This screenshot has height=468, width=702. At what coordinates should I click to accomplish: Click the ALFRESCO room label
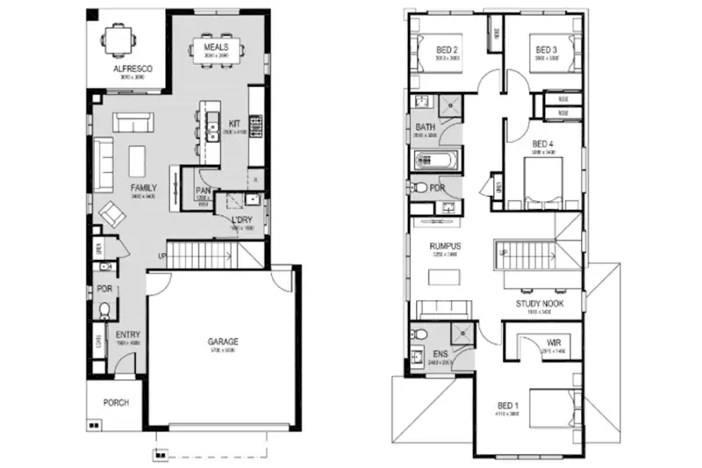(x=127, y=68)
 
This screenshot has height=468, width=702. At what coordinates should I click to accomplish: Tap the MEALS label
(x=216, y=46)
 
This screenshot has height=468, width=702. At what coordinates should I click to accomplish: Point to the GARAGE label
(x=223, y=342)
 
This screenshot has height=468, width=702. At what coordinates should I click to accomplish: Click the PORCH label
(x=115, y=403)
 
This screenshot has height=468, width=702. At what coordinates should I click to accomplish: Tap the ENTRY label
(x=128, y=334)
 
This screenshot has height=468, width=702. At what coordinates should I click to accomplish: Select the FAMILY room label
(x=144, y=188)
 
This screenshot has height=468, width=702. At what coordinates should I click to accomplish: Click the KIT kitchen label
(x=234, y=124)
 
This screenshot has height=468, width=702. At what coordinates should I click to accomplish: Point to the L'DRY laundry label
(x=241, y=220)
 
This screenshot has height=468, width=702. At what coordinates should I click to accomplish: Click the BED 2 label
(x=448, y=50)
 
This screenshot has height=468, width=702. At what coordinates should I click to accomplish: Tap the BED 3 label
(x=546, y=50)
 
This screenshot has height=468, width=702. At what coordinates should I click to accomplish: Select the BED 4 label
(x=543, y=143)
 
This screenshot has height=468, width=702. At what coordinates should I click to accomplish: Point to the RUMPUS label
(x=445, y=246)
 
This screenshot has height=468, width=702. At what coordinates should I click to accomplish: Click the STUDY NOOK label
(x=539, y=304)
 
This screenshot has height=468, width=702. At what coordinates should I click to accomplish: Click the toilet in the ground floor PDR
(x=104, y=310)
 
